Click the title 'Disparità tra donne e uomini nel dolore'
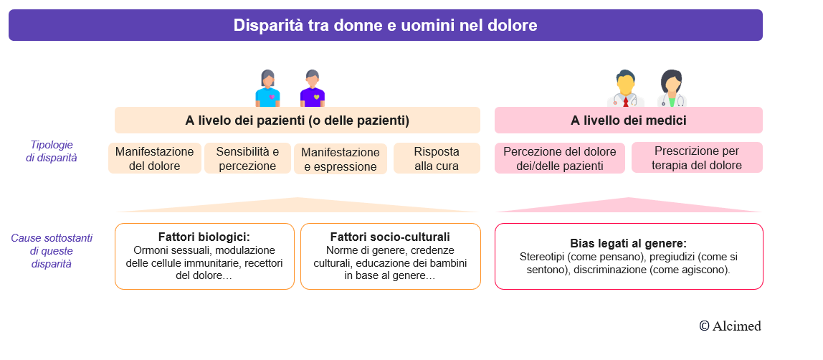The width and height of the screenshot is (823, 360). (385, 26)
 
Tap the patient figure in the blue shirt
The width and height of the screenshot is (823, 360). (267, 89)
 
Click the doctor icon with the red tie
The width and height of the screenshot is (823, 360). (625, 90)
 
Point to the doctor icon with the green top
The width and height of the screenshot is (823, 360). (671, 90)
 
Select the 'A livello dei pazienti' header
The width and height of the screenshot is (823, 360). (297, 120)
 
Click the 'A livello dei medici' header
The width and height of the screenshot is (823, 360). (628, 120)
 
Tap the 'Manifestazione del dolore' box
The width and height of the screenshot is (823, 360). (154, 158)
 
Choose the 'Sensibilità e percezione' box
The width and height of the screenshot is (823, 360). (247, 158)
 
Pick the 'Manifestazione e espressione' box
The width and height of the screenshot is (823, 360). (341, 159)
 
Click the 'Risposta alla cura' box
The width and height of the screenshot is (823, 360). (437, 158)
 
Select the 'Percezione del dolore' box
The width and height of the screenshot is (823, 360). (559, 158)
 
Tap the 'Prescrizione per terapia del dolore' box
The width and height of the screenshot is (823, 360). (696, 158)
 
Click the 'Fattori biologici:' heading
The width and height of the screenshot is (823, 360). (204, 237)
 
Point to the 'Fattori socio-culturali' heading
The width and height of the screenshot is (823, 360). (390, 237)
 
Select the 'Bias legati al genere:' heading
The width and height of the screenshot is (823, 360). (628, 243)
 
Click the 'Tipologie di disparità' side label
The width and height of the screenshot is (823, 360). (52, 151)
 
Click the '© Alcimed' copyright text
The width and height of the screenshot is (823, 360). (730, 326)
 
